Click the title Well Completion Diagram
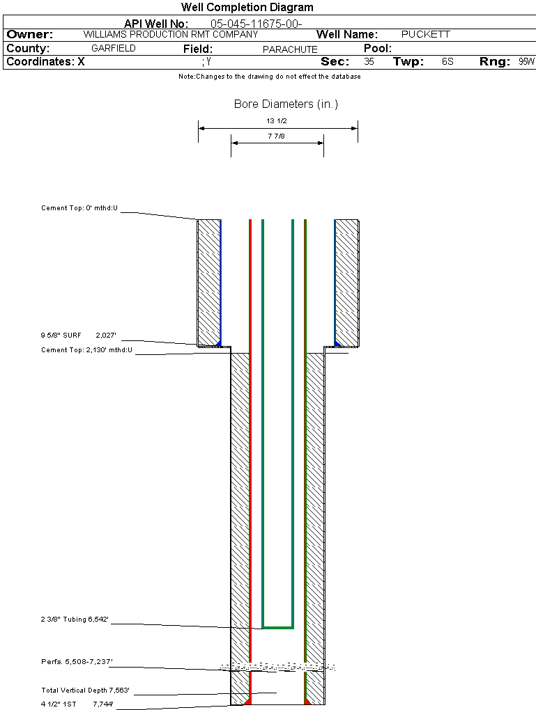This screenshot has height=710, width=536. [247, 7]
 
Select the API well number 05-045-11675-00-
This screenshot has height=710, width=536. [256, 24]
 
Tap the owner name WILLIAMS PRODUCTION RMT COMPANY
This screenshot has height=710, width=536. [171, 34]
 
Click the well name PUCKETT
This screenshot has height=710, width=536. [425, 34]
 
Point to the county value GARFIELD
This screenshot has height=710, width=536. [114, 49]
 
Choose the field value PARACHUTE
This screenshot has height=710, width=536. [290, 49]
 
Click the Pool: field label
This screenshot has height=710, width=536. [378, 49]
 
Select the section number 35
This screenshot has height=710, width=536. [369, 61]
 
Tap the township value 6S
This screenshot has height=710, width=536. [447, 61]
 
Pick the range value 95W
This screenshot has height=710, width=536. [526, 61]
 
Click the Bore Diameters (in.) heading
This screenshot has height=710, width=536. [286, 104]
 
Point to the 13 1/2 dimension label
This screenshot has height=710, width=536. [277, 121]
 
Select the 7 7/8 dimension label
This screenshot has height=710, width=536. [277, 136]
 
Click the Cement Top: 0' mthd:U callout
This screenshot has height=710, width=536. [79, 208]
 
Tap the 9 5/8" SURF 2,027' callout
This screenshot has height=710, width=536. [79, 335]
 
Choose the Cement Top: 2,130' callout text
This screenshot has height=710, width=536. [86, 350]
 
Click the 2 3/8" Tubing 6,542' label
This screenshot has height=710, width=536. [75, 619]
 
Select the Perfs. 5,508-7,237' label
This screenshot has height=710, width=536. [77, 661]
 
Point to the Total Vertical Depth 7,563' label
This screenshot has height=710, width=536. [85, 690]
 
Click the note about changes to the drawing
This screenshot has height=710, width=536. [270, 77]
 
